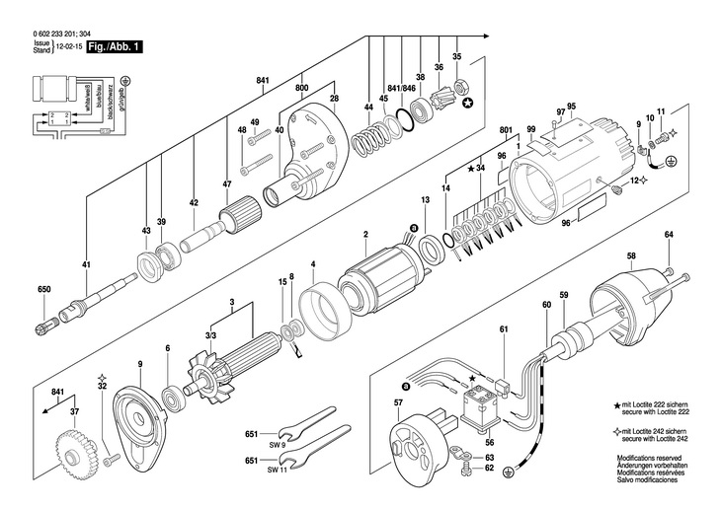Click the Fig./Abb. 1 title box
pos(111,44)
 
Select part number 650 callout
pos(42,289)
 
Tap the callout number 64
pos(669,234)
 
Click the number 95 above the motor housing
pos(571,106)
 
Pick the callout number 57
pos(398,403)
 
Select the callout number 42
pos(194,202)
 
